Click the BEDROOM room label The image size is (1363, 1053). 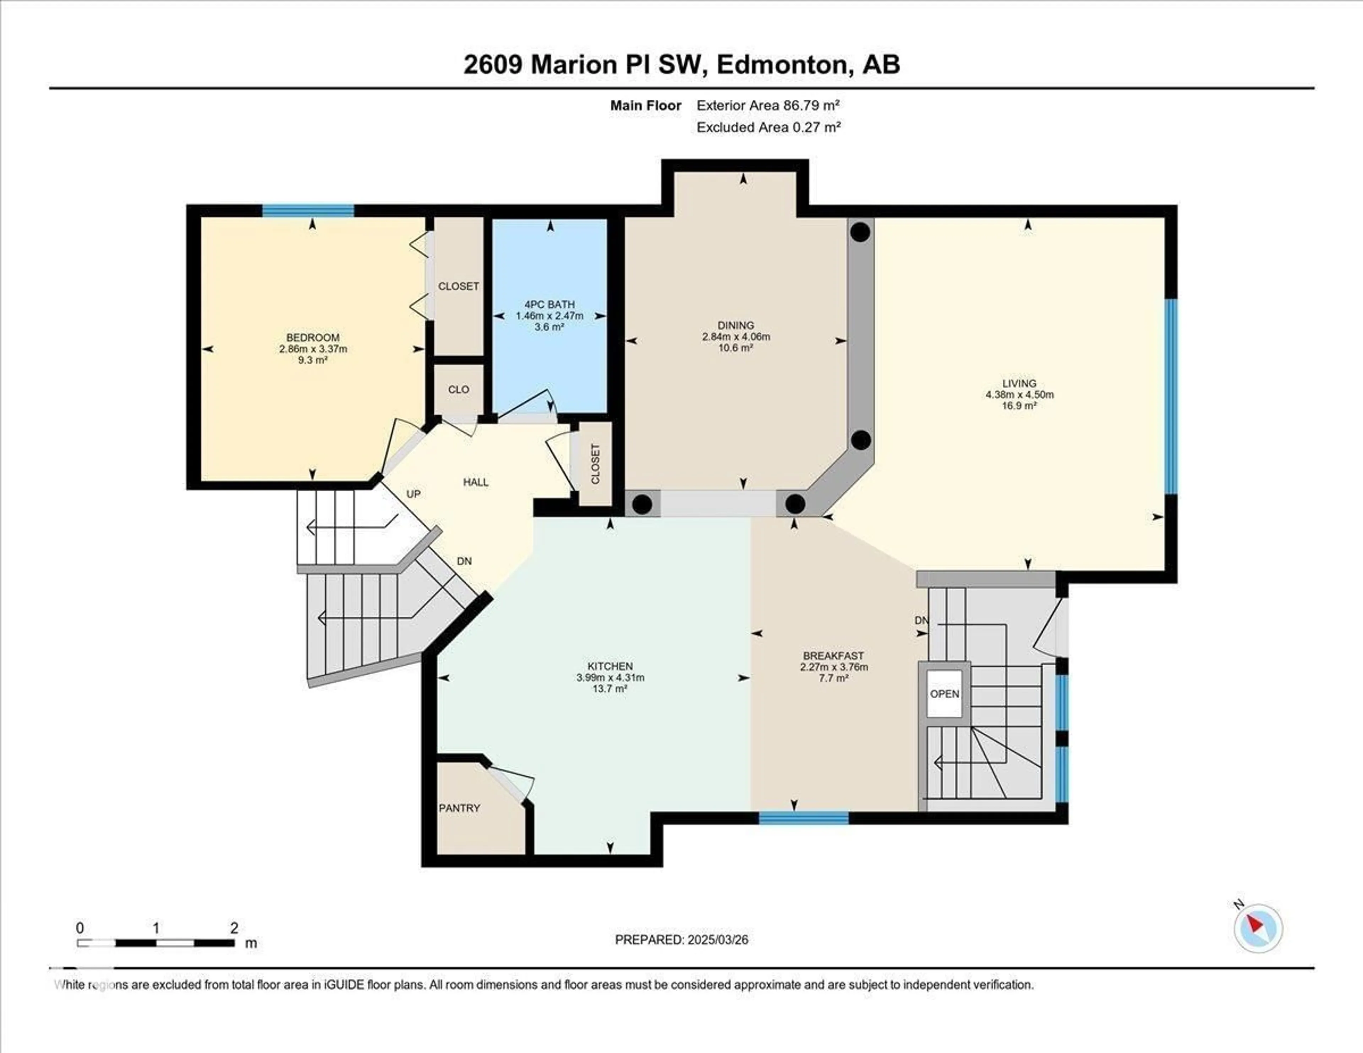[x=313, y=338]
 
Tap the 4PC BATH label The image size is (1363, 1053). [x=549, y=305]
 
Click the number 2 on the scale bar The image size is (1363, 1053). [x=234, y=928]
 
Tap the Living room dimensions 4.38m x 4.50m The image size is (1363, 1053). [x=1019, y=394]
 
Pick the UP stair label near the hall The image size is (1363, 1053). [x=413, y=494]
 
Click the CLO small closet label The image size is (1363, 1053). [x=458, y=389]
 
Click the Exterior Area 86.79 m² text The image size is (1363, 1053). [x=768, y=105]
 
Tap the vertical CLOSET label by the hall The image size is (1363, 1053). [x=595, y=464]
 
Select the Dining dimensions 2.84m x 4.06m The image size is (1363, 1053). [x=736, y=337]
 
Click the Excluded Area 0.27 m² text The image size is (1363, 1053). [x=768, y=127]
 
